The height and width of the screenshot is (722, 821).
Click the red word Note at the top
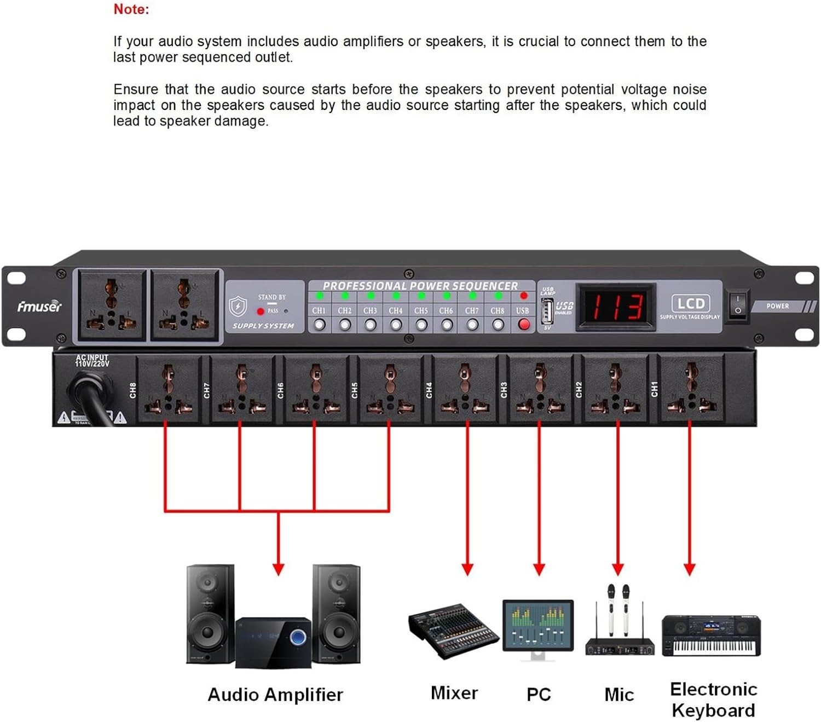click(x=131, y=9)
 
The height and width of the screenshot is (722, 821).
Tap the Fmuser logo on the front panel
click(x=39, y=307)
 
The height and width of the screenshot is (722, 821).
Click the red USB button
click(x=524, y=324)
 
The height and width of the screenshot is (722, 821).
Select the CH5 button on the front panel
click(x=421, y=325)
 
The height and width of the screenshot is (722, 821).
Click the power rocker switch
click(x=737, y=305)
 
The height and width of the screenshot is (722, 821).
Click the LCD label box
click(x=690, y=303)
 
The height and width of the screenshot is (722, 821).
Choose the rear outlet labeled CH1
click(x=691, y=390)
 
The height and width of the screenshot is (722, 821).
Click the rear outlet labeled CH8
click(x=168, y=390)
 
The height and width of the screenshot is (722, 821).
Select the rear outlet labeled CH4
click(x=465, y=390)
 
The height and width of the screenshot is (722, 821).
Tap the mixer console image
click(x=453, y=631)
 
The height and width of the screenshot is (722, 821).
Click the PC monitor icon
click(x=538, y=628)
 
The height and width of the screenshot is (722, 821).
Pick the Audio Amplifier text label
click(x=275, y=695)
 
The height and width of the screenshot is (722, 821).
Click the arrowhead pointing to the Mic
click(x=618, y=569)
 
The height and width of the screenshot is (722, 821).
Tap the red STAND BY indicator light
click(x=261, y=311)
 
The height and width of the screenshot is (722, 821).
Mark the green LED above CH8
click(x=498, y=296)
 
